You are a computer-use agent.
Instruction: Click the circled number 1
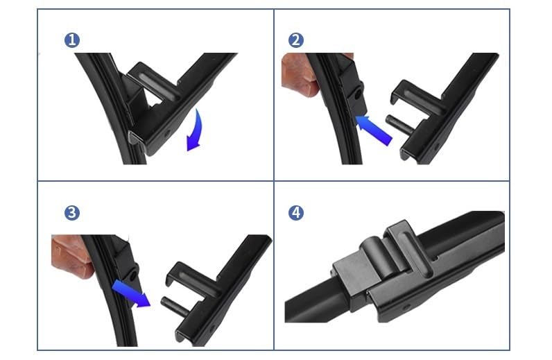click(x=72, y=40)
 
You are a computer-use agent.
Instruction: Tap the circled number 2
click(x=295, y=40)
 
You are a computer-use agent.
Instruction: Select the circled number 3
click(x=72, y=213)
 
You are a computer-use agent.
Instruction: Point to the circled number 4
click(x=295, y=213)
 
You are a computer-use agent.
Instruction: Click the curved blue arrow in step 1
click(x=198, y=131)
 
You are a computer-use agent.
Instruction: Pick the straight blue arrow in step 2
click(x=374, y=129)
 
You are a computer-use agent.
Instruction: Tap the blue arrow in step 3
click(x=131, y=294)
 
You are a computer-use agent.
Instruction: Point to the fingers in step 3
click(x=72, y=256)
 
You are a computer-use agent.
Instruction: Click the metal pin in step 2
click(x=399, y=124)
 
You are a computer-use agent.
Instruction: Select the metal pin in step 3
click(x=175, y=306)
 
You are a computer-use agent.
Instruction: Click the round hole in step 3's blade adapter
click(x=133, y=276)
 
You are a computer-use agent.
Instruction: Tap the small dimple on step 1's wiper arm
click(x=167, y=133)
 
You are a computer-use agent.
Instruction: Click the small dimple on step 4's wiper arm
click(x=407, y=307)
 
